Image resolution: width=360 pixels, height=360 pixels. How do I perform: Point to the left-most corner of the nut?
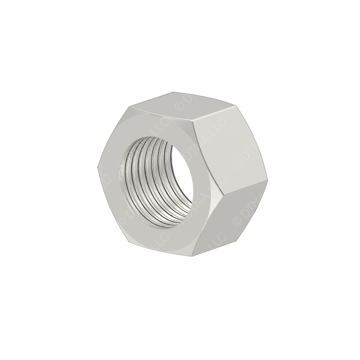(98, 168)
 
